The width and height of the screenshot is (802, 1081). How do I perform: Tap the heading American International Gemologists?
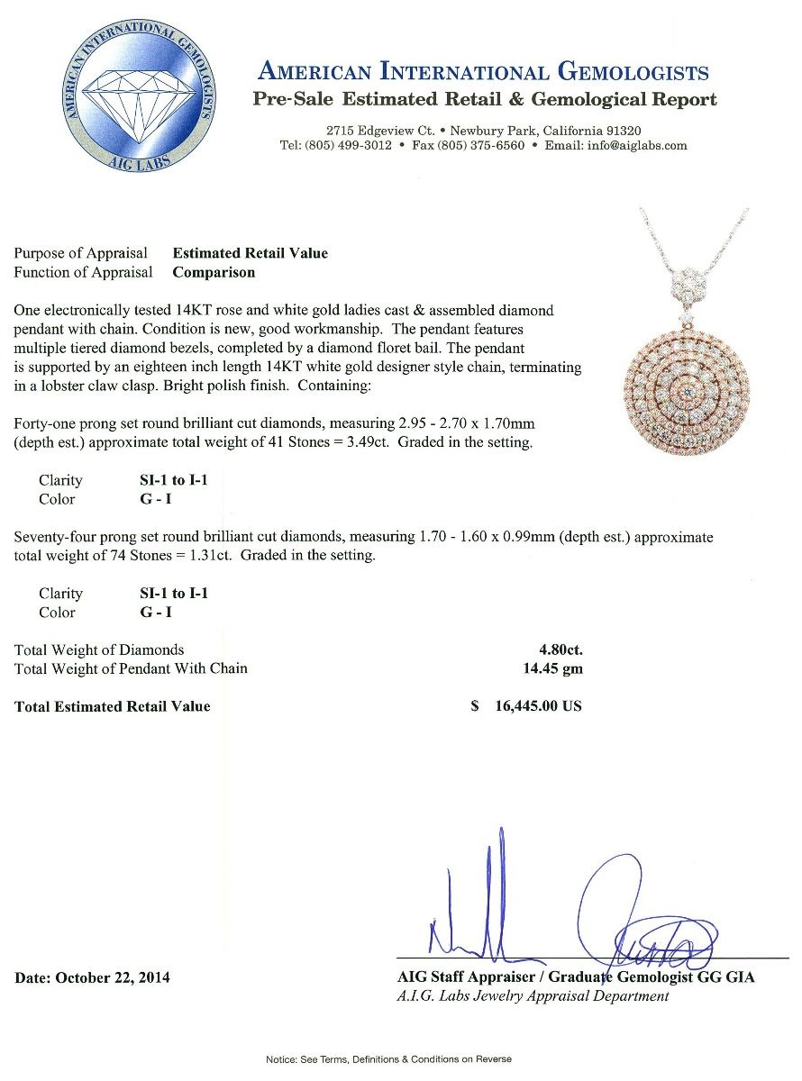click(483, 72)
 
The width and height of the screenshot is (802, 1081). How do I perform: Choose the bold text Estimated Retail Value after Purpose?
click(250, 253)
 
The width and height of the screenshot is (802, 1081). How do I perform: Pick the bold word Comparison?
click(214, 272)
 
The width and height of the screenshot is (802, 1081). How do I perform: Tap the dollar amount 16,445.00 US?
click(537, 706)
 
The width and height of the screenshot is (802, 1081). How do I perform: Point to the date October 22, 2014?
click(92, 977)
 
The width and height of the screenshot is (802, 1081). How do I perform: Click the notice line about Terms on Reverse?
click(388, 1059)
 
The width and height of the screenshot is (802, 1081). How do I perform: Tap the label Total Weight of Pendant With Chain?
click(131, 668)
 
